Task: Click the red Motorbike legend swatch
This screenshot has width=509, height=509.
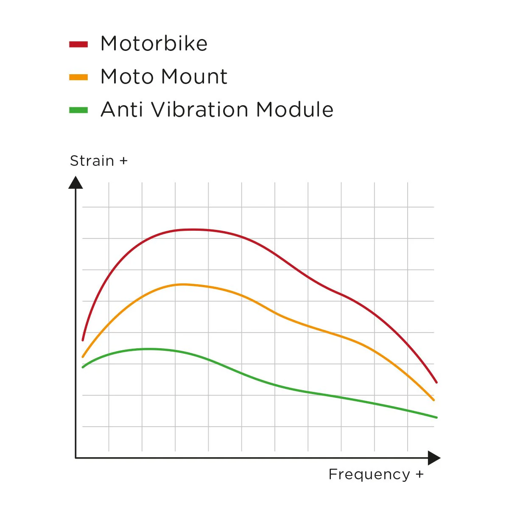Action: click(x=78, y=44)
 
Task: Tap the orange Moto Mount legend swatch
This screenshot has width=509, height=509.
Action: click(x=78, y=77)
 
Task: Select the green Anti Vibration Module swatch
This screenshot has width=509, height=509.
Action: click(x=78, y=110)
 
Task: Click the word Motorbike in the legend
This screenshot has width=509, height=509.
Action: click(x=154, y=43)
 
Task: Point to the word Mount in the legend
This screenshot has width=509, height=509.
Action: click(x=195, y=76)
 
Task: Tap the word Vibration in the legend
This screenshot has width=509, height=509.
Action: click(x=199, y=109)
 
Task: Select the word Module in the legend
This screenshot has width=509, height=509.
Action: click(x=295, y=109)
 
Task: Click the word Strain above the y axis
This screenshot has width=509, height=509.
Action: click(x=92, y=161)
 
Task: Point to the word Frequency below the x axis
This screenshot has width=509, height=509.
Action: click(x=369, y=475)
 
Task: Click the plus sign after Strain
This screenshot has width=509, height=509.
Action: click(x=123, y=161)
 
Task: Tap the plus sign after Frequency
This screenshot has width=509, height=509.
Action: click(x=420, y=474)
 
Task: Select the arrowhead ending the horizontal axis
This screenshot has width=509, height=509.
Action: click(x=434, y=458)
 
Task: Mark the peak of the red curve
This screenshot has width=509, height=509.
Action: click(x=192, y=229)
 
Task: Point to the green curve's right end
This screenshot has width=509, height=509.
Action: click(x=436, y=417)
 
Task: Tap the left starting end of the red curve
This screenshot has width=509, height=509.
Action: click(x=83, y=340)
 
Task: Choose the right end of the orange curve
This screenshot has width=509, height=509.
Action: click(x=433, y=400)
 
